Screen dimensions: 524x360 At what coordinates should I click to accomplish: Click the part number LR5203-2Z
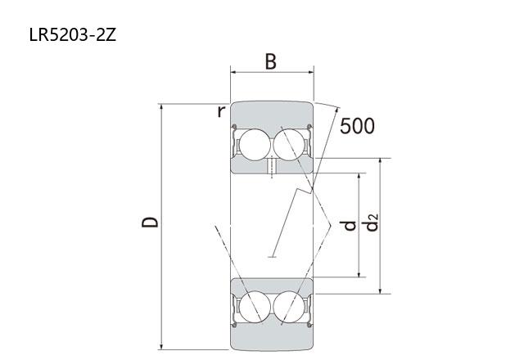pyautogui.click(x=73, y=34)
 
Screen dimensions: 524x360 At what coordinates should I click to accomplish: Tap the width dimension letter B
pyautogui.click(x=271, y=62)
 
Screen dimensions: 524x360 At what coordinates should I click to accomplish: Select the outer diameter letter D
pyautogui.click(x=150, y=222)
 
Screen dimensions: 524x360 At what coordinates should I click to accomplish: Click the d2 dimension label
pyautogui.click(x=371, y=223)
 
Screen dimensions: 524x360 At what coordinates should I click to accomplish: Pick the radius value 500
pyautogui.click(x=357, y=126)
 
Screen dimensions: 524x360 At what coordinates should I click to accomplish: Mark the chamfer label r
pyautogui.click(x=221, y=111)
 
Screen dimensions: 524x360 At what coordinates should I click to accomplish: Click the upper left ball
pyautogui.click(x=255, y=145)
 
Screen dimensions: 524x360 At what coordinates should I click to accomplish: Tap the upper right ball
pyautogui.click(x=289, y=145)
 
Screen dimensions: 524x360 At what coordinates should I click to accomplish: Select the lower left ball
pyautogui.click(x=255, y=307)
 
